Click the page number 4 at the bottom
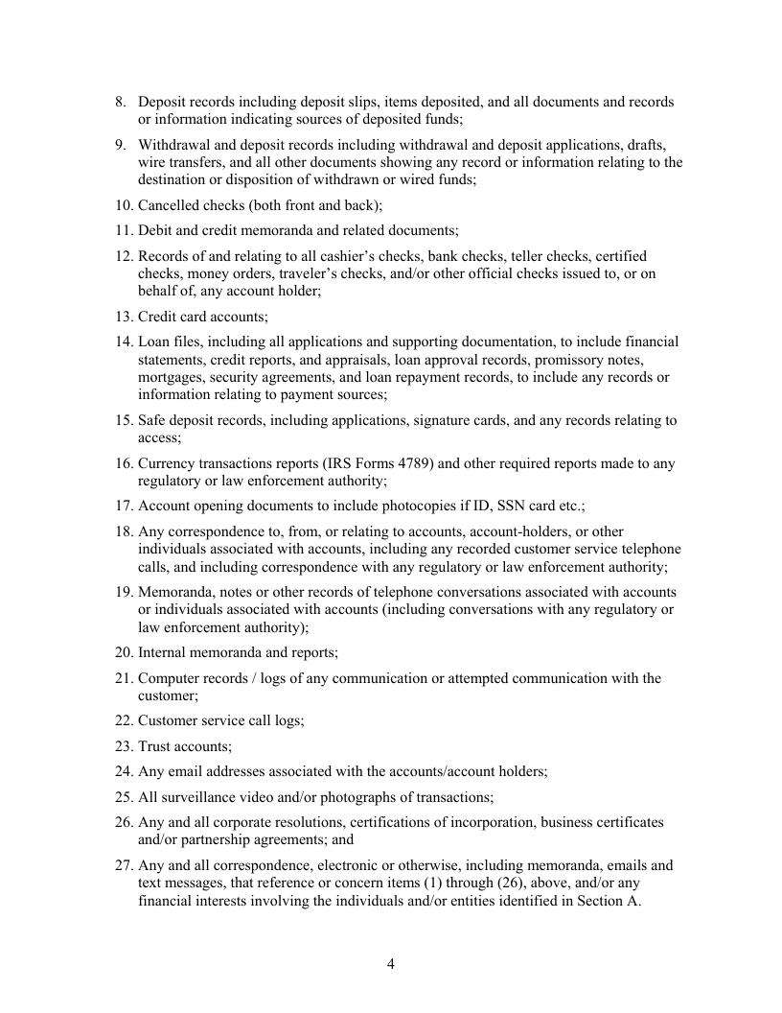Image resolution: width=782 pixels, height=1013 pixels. coord(391,964)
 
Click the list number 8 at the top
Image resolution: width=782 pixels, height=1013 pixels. coord(120,102)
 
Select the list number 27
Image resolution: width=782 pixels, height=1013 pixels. coord(123,865)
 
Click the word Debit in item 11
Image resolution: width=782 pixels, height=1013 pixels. coord(156,230)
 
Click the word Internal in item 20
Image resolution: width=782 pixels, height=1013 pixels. coord(165,652)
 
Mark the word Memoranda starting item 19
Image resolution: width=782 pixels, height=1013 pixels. coord(176,592)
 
